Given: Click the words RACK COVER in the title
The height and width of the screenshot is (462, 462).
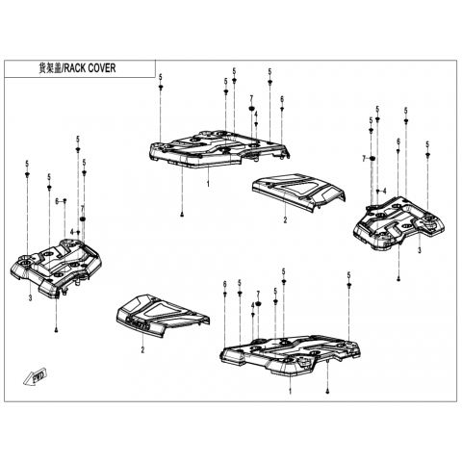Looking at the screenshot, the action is point(90,68).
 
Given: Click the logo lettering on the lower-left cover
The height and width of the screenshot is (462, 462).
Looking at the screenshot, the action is point(139,322).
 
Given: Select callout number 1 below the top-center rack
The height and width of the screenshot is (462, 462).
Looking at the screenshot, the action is point(208,184).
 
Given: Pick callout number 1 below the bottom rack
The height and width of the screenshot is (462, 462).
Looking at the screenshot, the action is point(291,392).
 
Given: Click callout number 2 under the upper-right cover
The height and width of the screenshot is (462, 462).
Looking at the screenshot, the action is point(285,219).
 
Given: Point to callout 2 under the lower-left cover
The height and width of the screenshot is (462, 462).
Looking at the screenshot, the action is point(142,349).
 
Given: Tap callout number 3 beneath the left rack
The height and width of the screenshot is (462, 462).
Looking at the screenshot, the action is point(30,298).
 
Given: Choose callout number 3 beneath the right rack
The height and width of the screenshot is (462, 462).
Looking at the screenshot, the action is point(419,250).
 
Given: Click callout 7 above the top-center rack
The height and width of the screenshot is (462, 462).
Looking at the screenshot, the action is point(251,98).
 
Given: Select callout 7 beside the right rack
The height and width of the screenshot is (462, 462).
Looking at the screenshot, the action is point(364,159).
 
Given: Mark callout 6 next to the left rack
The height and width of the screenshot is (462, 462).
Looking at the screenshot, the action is point(57,201).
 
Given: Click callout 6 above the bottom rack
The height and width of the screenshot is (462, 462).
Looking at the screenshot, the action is point(225,284).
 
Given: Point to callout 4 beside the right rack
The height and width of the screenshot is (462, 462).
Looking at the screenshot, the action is point(385,191).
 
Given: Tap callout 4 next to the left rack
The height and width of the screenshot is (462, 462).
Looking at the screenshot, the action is point(72,232).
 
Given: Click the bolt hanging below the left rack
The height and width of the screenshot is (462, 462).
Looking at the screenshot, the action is point(57,330).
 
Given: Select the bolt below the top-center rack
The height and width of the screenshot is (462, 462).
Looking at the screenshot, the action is point(182,215).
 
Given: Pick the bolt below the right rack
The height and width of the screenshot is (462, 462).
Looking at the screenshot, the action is point(398,279).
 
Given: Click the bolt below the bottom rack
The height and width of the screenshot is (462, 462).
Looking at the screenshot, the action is point(327,391).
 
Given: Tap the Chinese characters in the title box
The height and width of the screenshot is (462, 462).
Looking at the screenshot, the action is point(49,68).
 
